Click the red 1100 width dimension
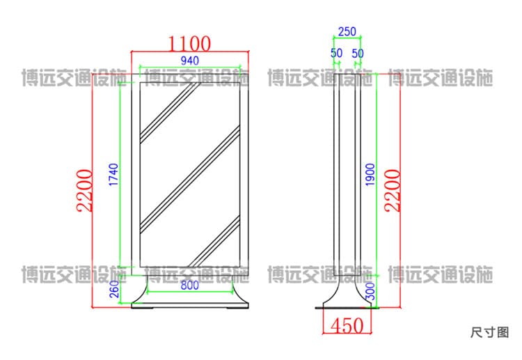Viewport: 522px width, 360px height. point(189,44)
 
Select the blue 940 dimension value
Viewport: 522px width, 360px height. point(190,61)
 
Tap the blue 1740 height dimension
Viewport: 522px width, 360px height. point(114,175)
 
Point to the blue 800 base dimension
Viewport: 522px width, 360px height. point(190,285)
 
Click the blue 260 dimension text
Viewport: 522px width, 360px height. point(114,289)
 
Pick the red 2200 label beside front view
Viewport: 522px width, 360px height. point(84,191)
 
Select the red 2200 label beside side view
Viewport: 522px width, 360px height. point(392,191)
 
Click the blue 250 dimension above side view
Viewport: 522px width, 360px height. point(347,31)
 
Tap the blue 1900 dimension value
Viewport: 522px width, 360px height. point(370,175)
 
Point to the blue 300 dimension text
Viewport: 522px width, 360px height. point(370,291)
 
